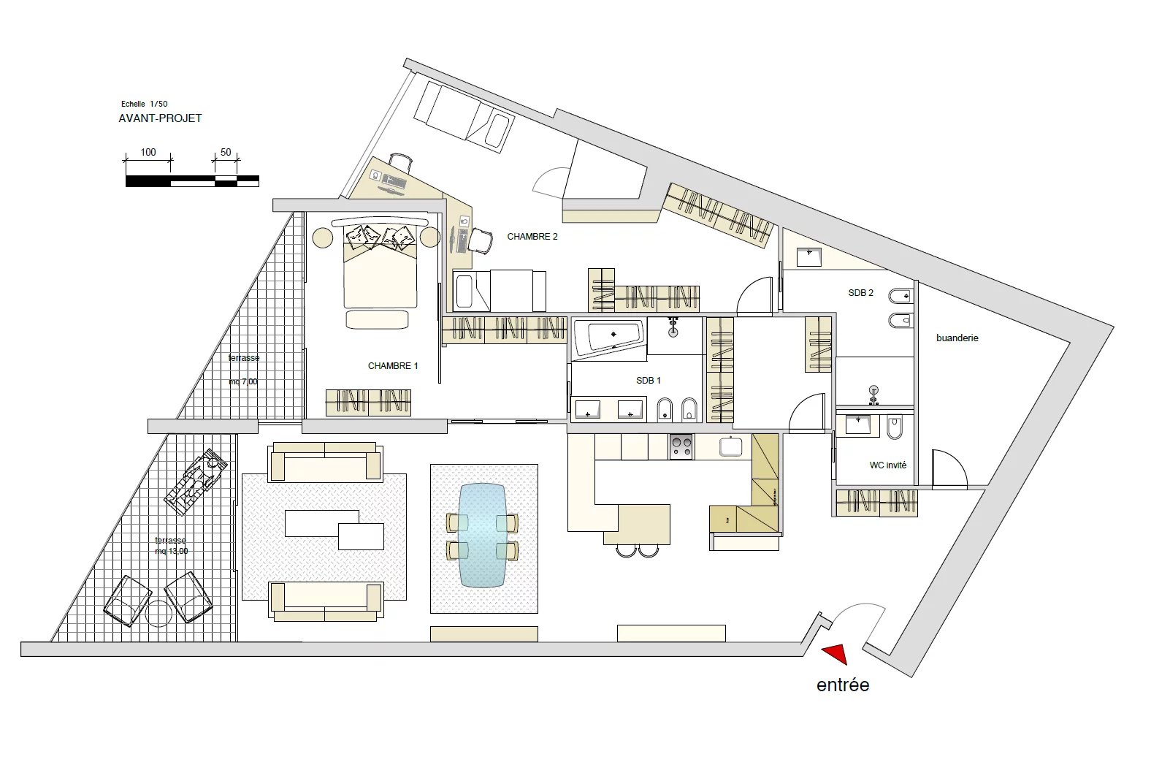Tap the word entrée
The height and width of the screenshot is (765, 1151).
843,685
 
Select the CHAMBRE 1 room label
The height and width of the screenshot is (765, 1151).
393,366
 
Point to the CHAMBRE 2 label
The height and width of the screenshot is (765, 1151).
532,237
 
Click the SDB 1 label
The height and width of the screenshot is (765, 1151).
649,381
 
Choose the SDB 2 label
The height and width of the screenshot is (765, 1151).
860,293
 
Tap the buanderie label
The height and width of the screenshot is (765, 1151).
957,338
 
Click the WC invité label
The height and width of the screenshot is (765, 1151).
888,465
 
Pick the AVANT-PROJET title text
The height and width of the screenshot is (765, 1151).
161,118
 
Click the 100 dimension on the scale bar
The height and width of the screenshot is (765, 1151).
148,152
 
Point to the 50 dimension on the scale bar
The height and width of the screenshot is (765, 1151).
226,152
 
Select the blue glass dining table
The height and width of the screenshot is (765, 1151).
483,535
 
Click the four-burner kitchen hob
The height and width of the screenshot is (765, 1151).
681,446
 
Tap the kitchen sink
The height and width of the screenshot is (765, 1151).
730,446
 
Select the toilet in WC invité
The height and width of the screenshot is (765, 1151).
895,427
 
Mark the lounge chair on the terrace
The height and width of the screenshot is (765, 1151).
196,482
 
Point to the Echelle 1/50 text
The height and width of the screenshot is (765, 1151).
145,104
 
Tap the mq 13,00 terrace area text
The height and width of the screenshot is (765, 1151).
172,552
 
